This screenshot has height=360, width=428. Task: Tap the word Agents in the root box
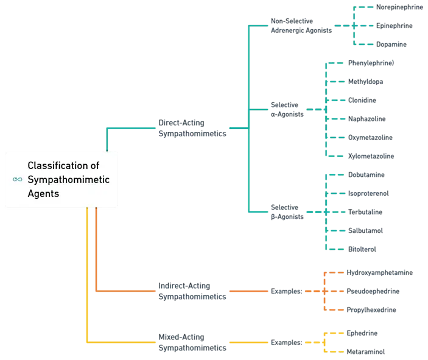[x=44, y=193]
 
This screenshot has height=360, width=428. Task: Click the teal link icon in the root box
[x=18, y=179]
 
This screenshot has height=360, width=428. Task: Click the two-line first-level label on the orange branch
[x=192, y=292]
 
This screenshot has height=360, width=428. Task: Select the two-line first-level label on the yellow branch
[x=192, y=343]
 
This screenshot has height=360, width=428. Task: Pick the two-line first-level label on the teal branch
[x=192, y=130]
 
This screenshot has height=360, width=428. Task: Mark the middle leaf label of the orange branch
[x=373, y=292]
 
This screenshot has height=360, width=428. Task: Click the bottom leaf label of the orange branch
[x=372, y=310]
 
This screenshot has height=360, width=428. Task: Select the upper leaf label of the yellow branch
[x=363, y=333]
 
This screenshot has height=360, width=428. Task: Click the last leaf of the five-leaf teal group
[x=363, y=248]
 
